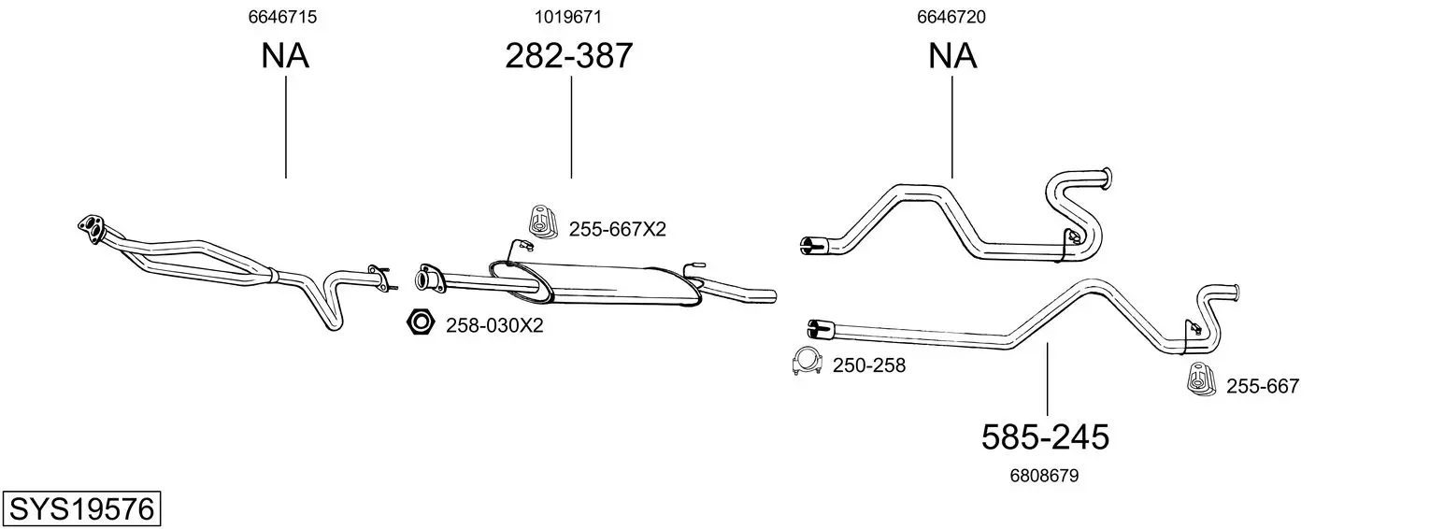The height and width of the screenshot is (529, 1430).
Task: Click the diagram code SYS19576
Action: click(81, 509)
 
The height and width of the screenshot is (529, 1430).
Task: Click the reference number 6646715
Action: click(282, 17)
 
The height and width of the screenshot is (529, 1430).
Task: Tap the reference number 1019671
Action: click(568, 17)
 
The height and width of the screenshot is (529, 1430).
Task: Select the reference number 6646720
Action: click(951, 17)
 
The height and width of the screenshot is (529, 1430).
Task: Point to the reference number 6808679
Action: click(1044, 476)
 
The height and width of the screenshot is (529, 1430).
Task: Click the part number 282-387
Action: click(569, 55)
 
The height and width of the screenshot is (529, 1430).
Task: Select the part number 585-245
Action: click(1045, 437)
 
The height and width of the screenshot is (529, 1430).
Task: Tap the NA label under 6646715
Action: click(285, 55)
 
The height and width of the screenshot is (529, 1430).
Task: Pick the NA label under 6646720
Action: click(951, 55)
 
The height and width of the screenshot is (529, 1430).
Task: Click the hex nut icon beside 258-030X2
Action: click(420, 322)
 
